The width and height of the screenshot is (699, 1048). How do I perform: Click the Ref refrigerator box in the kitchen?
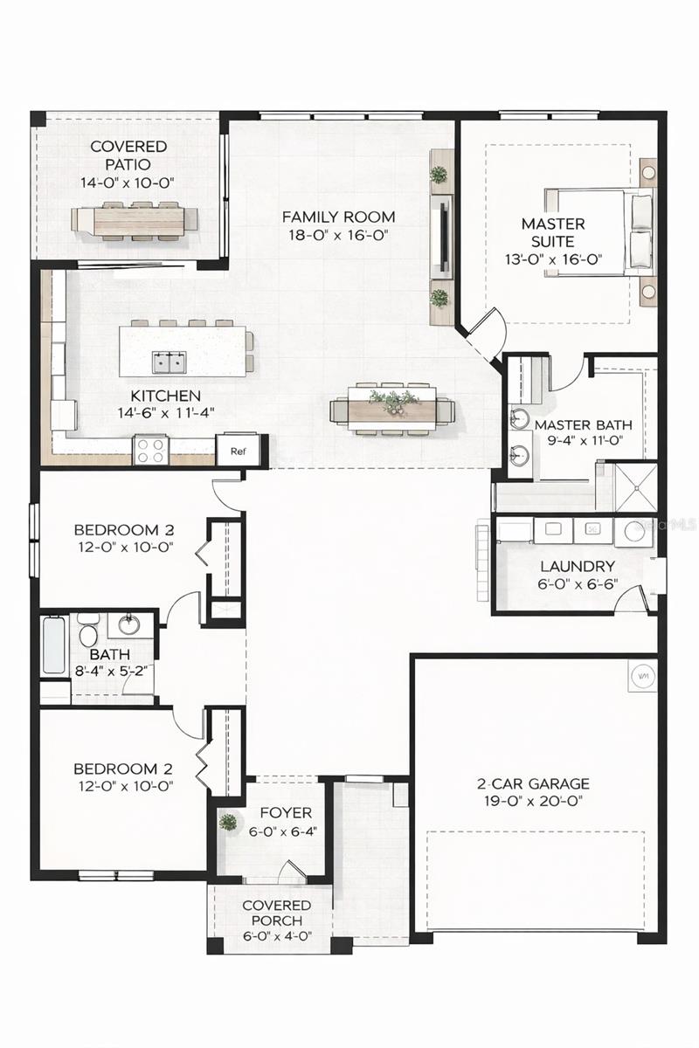tap(237, 451)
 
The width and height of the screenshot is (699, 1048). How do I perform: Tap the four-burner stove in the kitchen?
tap(150, 452)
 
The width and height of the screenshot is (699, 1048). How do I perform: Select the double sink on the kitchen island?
tap(169, 361)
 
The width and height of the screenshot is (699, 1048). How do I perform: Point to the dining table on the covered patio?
tap(135, 220)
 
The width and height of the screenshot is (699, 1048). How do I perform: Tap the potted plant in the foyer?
tap(228, 822)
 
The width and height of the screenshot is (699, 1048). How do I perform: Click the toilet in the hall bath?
tap(87, 629)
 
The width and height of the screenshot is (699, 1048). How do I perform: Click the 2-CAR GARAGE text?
tap(532, 783)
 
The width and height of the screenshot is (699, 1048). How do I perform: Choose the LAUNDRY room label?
tap(577, 566)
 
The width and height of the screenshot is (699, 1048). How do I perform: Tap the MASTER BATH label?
tap(583, 425)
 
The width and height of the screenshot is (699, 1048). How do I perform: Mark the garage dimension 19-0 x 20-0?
tap(532, 801)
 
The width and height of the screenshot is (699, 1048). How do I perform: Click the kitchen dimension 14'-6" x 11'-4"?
tap(166, 412)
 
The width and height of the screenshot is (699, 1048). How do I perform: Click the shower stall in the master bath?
tap(633, 486)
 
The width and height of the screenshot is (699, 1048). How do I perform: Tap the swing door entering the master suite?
tap(485, 330)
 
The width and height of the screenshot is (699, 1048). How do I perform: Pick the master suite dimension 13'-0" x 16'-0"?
tap(553, 259)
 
